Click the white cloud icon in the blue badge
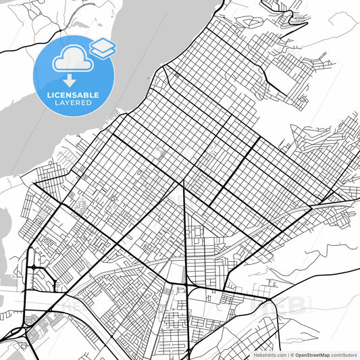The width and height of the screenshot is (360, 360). click(70, 59)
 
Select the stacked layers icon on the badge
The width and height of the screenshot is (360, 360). click(103, 47)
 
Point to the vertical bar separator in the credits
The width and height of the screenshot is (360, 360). click(287, 354)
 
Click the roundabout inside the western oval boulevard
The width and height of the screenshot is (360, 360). click(32, 268)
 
